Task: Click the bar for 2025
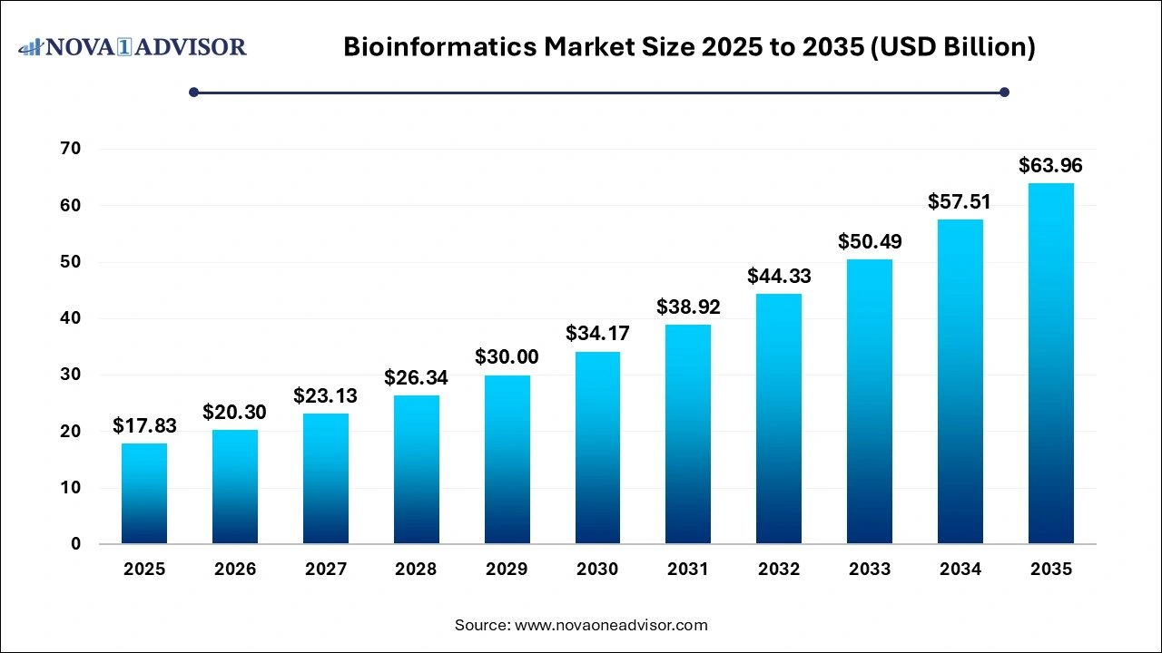pyautogui.click(x=143, y=493)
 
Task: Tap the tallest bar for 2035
pyautogui.click(x=1050, y=364)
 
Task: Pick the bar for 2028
pyautogui.click(x=416, y=470)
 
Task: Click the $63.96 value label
pyautogui.click(x=1050, y=166)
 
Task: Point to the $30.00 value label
pyautogui.click(x=507, y=357)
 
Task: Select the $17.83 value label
pyautogui.click(x=143, y=425)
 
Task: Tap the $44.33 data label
pyautogui.click(x=779, y=276)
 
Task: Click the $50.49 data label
pyautogui.click(x=870, y=241)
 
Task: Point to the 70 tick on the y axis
pyautogui.click(x=70, y=149)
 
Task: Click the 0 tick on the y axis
pyautogui.click(x=75, y=544)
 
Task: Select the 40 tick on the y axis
pyautogui.click(x=70, y=318)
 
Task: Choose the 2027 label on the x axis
pyautogui.click(x=325, y=570)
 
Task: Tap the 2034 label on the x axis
pyautogui.click(x=960, y=570)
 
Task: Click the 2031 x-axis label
pyautogui.click(x=688, y=570)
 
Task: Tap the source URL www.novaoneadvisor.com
pyautogui.click(x=611, y=625)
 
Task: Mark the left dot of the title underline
pyautogui.click(x=193, y=92)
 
